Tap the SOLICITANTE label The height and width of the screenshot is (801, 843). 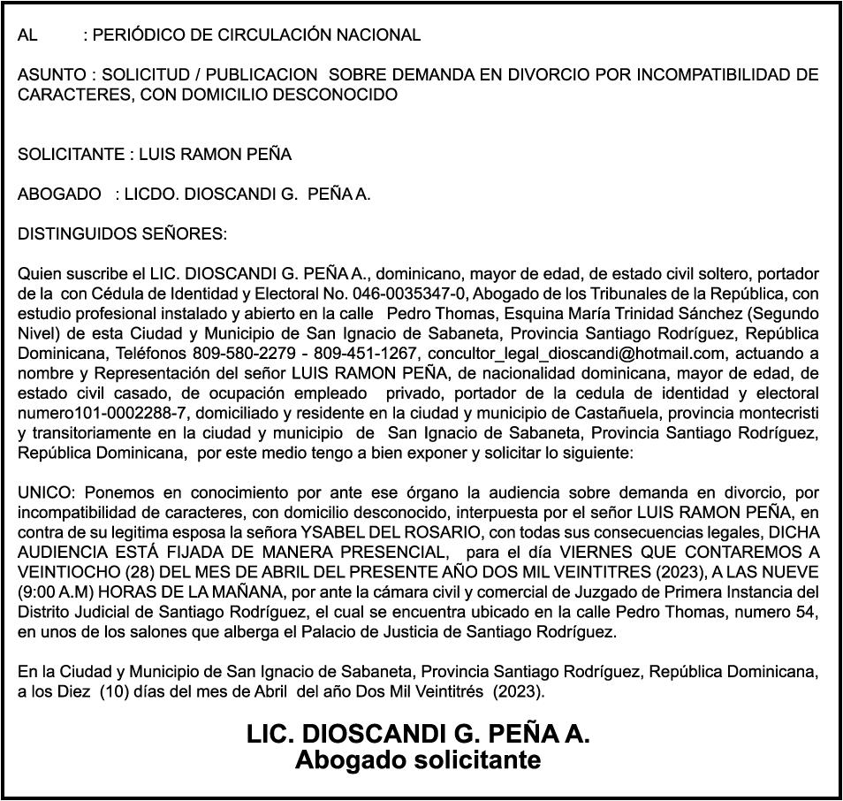[72, 155]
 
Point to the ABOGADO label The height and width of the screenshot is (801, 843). [59, 195]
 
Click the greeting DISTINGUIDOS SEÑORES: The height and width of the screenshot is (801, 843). [122, 234]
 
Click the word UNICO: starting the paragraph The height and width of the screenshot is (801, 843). [42, 492]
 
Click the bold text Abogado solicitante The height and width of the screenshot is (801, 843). [418, 759]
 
